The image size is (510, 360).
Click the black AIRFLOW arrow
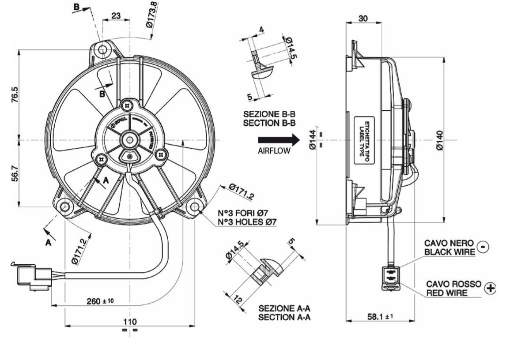point(279,141)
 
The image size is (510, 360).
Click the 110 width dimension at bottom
point(130,321)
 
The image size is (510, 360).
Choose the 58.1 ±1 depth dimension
point(380,316)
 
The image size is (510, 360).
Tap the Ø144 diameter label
point(312,141)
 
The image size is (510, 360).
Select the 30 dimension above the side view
point(363,18)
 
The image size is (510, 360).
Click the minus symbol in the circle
point(484,247)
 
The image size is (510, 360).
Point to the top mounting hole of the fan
point(103,49)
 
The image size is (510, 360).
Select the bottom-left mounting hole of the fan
point(65,206)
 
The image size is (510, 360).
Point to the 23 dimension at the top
point(115,15)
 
